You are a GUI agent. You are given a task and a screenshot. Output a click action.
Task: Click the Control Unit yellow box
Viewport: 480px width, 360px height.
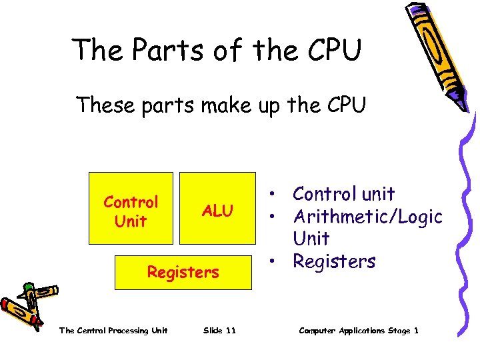[131, 208]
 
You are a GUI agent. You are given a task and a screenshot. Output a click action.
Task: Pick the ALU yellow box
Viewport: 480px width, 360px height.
[218, 208]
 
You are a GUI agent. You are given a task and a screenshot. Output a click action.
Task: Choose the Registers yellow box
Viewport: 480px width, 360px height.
[183, 272]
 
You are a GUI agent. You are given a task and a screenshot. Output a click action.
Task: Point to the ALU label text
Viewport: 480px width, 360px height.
[218, 211]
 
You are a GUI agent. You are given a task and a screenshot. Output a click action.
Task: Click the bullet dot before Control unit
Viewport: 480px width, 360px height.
[274, 195]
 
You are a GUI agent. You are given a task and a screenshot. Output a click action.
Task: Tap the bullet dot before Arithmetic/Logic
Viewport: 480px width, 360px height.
[274, 217]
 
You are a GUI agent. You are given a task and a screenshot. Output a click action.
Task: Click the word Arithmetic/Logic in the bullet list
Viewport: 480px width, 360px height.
[368, 217]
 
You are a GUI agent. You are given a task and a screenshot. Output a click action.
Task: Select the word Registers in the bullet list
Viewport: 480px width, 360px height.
[334, 262]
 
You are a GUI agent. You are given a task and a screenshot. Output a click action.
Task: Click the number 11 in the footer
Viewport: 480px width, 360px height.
[230, 331]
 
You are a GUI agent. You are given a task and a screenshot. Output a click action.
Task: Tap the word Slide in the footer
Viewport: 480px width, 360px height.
[213, 331]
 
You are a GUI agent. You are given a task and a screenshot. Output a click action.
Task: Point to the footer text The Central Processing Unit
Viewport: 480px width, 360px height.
[113, 331]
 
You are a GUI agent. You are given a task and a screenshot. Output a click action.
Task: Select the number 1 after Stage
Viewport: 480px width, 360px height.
[416, 331]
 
